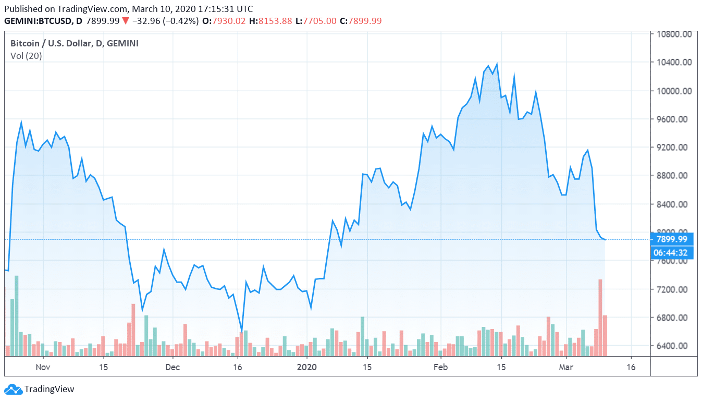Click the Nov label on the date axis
(43, 367)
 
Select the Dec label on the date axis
(173, 367)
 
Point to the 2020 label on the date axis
(307, 367)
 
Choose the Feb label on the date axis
(441, 367)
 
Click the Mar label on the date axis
(566, 367)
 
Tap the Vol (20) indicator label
(26, 56)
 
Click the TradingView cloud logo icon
(13, 389)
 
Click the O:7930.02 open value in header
(224, 21)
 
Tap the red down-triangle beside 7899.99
(126, 21)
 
